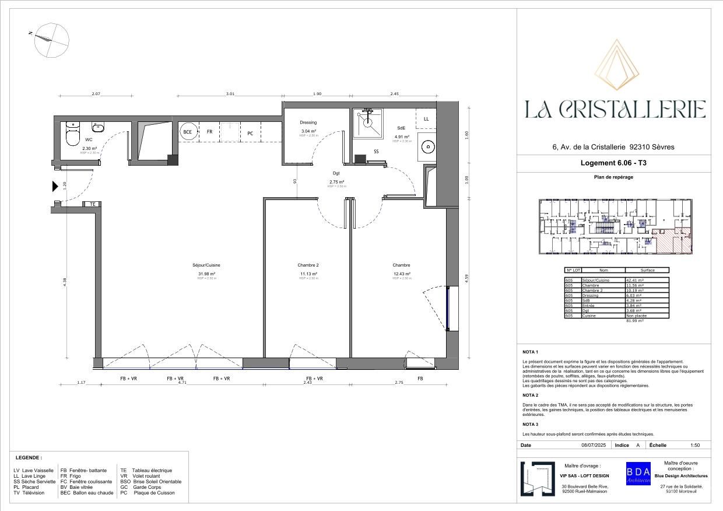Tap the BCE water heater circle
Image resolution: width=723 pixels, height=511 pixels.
click(188, 132)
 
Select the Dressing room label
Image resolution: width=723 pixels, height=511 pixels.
click(308, 123)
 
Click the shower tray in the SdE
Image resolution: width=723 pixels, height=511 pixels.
click(367, 123)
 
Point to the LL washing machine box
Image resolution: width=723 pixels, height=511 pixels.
click(426, 119)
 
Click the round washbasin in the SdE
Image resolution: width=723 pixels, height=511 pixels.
click(429, 147)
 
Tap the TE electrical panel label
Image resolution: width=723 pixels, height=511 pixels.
click(92, 204)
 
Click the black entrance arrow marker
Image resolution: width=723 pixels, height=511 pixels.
click(55, 187)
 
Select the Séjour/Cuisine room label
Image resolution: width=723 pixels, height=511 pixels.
click(206, 265)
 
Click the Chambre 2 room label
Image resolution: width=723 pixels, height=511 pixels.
click(308, 265)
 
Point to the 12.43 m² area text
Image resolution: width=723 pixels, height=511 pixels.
click(402, 274)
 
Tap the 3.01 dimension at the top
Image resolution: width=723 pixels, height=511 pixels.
click(230, 94)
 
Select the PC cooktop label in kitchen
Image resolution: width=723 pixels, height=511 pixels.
click(250, 134)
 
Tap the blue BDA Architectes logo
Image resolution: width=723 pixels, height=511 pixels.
click(638, 473)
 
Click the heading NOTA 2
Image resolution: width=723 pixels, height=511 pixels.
click(531, 395)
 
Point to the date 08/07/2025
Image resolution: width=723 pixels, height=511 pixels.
click(594, 445)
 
